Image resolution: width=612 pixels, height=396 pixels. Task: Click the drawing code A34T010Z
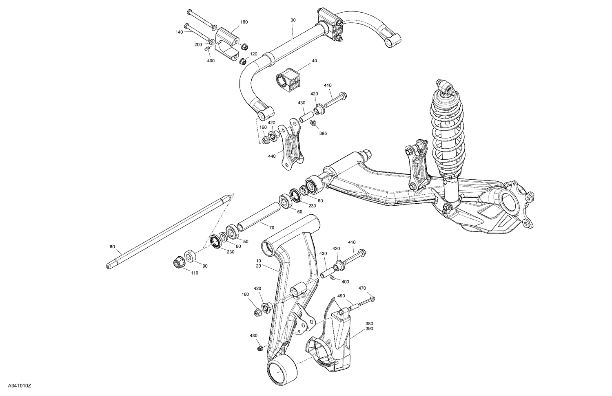click(16, 385)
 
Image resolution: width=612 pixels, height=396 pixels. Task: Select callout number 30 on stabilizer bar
click(293, 20)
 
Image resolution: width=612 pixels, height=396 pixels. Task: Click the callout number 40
click(314, 61)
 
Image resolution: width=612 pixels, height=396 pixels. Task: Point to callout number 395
click(323, 133)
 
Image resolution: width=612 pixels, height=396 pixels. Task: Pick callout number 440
click(272, 156)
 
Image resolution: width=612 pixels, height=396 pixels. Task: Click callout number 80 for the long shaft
click(113, 246)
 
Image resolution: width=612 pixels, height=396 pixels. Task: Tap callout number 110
click(195, 273)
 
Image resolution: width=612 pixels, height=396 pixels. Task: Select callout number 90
click(205, 266)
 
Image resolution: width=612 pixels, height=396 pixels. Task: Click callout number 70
click(272, 227)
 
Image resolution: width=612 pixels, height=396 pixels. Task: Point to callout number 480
click(253, 336)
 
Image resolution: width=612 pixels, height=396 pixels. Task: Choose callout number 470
click(362, 288)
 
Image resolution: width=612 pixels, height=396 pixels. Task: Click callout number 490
click(341, 296)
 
